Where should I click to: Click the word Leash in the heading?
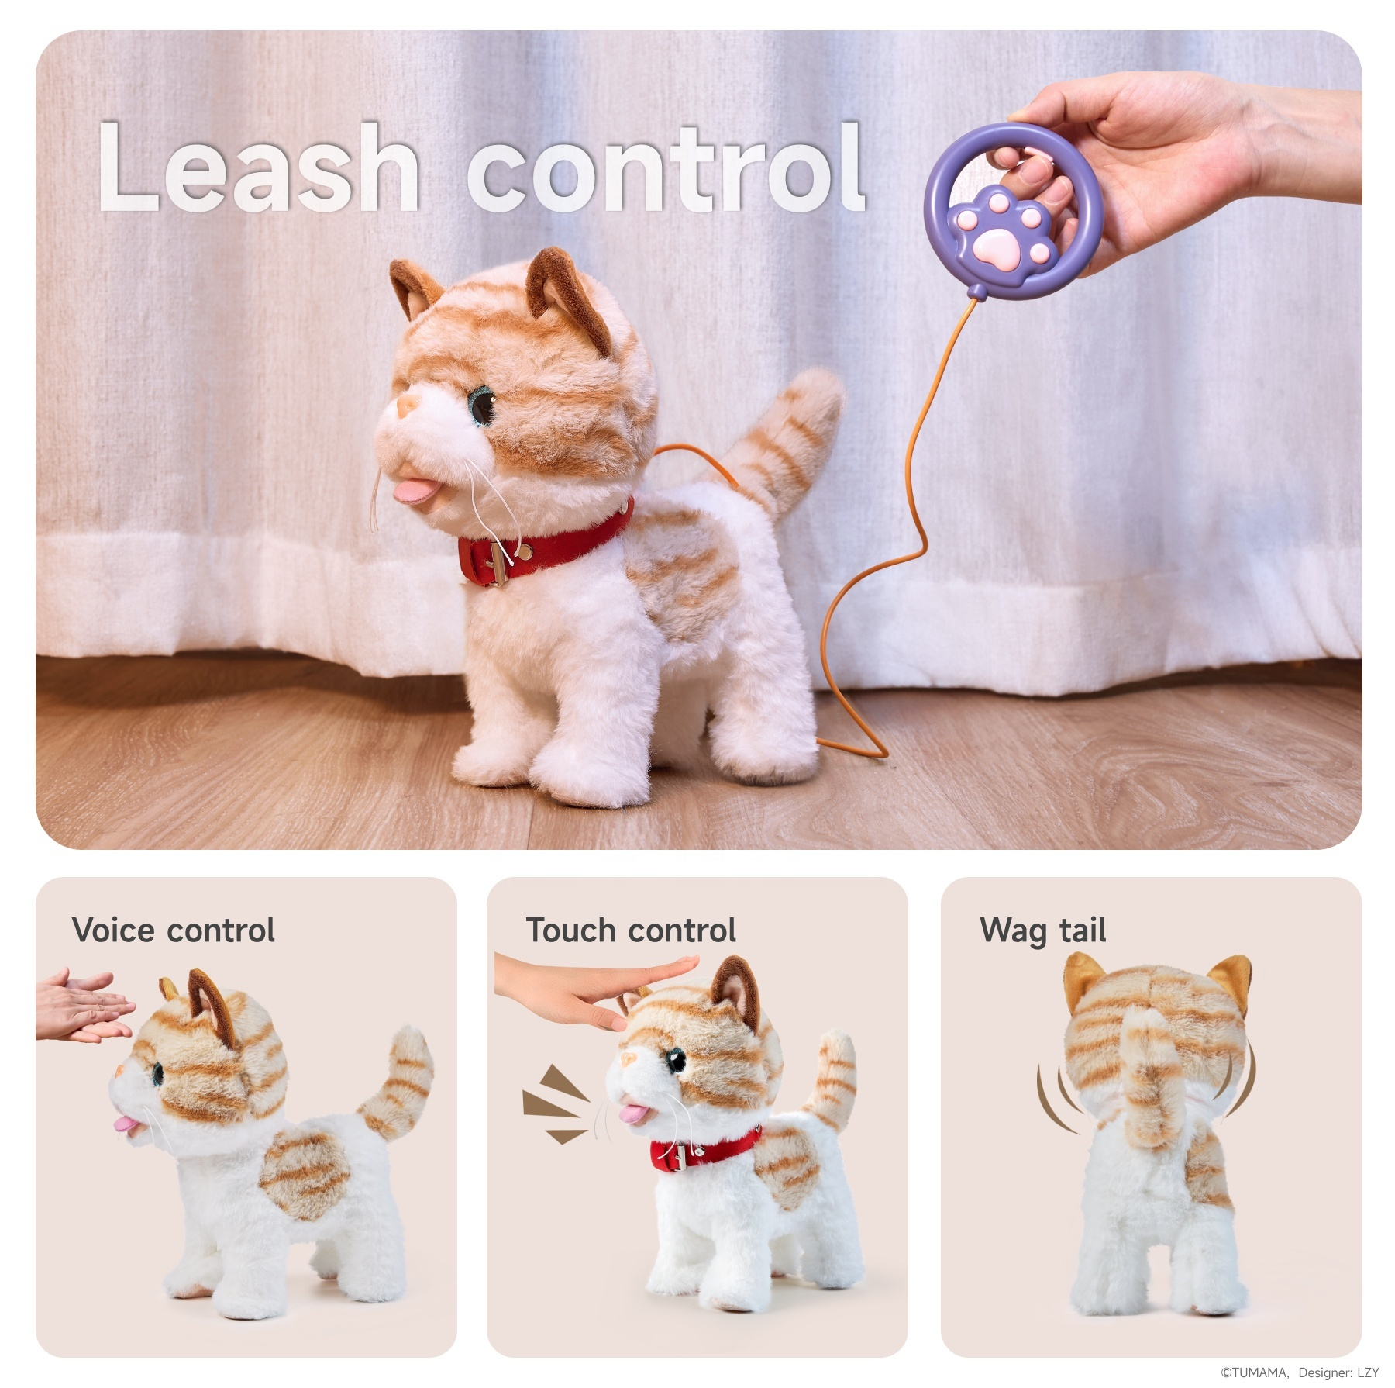pyautogui.click(x=259, y=167)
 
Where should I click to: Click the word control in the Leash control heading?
pyautogui.click(x=666, y=167)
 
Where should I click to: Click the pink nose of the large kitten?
pyautogui.click(x=406, y=406)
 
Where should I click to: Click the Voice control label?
pyautogui.click(x=173, y=931)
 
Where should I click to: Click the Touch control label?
pyautogui.click(x=631, y=931)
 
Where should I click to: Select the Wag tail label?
pyautogui.click(x=1042, y=931)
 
